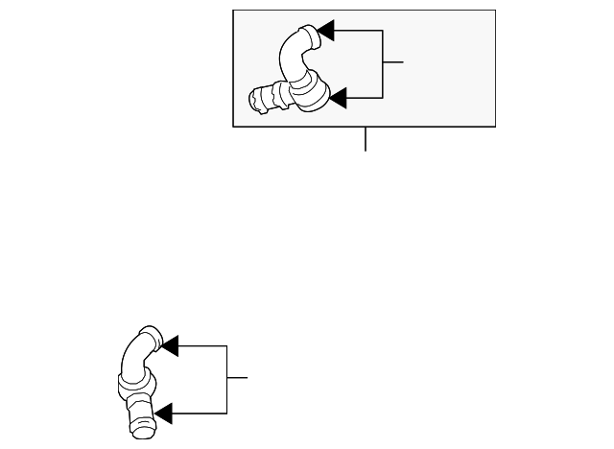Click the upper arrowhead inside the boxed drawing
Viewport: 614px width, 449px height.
tap(325, 31)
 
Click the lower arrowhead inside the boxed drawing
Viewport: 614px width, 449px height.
tap(337, 97)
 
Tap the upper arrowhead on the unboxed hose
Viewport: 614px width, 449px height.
tap(169, 344)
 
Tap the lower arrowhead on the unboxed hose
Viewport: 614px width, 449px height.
tap(163, 414)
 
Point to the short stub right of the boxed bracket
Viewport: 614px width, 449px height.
tap(392, 62)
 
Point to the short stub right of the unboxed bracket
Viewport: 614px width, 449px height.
tap(237, 378)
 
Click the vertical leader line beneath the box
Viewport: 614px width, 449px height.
tap(366, 139)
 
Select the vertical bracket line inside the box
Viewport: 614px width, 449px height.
tap(383, 63)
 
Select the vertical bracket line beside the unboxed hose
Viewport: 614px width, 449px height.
tap(227, 379)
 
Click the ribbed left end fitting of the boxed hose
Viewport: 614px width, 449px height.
tap(262, 100)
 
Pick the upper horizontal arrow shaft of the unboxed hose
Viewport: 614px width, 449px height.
tap(201, 344)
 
